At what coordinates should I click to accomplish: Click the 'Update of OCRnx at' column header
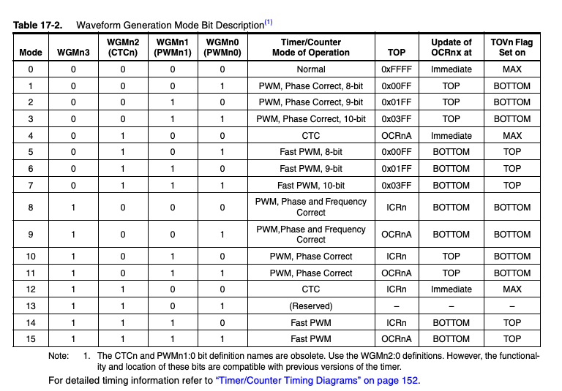(x=451, y=47)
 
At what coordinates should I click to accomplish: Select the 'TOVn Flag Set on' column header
(x=512, y=47)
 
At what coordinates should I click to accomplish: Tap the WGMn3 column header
(x=73, y=52)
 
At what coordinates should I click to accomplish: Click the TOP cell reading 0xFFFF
(x=396, y=69)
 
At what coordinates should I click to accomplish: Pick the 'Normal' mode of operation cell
(x=311, y=69)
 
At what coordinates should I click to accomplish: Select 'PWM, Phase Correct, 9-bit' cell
(x=311, y=102)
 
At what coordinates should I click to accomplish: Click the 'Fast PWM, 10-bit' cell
(x=311, y=185)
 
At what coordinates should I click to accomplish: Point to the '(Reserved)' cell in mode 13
(x=311, y=305)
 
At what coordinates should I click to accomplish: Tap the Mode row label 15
(x=31, y=339)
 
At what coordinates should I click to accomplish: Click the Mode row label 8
(x=31, y=208)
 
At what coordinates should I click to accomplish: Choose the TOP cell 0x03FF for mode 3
(x=396, y=119)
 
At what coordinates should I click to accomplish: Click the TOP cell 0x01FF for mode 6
(x=396, y=169)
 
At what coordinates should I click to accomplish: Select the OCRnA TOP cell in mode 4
(x=396, y=136)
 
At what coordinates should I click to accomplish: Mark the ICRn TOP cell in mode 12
(x=396, y=289)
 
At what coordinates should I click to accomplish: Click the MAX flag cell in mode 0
(x=512, y=69)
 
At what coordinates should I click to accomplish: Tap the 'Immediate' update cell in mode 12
(x=451, y=289)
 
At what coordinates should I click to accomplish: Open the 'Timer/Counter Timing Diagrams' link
(x=318, y=380)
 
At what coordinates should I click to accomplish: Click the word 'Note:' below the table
(x=59, y=356)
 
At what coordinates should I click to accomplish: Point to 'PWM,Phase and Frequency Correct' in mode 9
(x=311, y=235)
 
